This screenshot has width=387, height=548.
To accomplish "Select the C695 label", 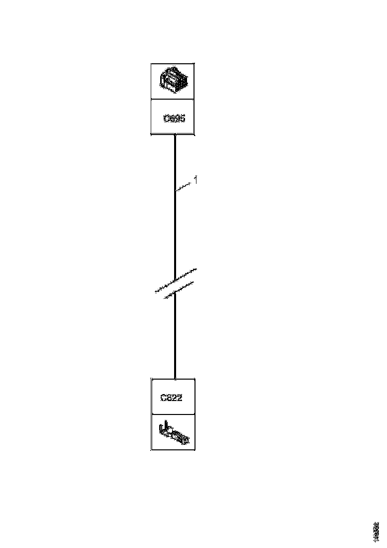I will tap(174, 119).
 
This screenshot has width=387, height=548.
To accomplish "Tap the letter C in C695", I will tap(167, 119).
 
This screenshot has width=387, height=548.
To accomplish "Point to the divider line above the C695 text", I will tap(173, 99).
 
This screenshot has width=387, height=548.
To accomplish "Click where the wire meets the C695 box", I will tap(175, 135).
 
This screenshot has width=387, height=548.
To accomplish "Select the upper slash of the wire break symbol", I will tap(176, 278).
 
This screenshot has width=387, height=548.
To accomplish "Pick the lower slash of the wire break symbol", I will tap(174, 290).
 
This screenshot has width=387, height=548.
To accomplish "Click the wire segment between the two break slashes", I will tap(175, 285).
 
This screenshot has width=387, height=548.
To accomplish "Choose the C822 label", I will tap(171, 398).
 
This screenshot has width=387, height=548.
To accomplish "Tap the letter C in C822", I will tap(163, 398).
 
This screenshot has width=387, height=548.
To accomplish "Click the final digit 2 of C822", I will tap(180, 398).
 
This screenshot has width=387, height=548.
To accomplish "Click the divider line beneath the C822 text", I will tap(173, 414).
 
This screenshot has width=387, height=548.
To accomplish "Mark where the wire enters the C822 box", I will tap(175, 379).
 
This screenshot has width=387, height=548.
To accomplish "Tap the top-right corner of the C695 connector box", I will tap(194, 63).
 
